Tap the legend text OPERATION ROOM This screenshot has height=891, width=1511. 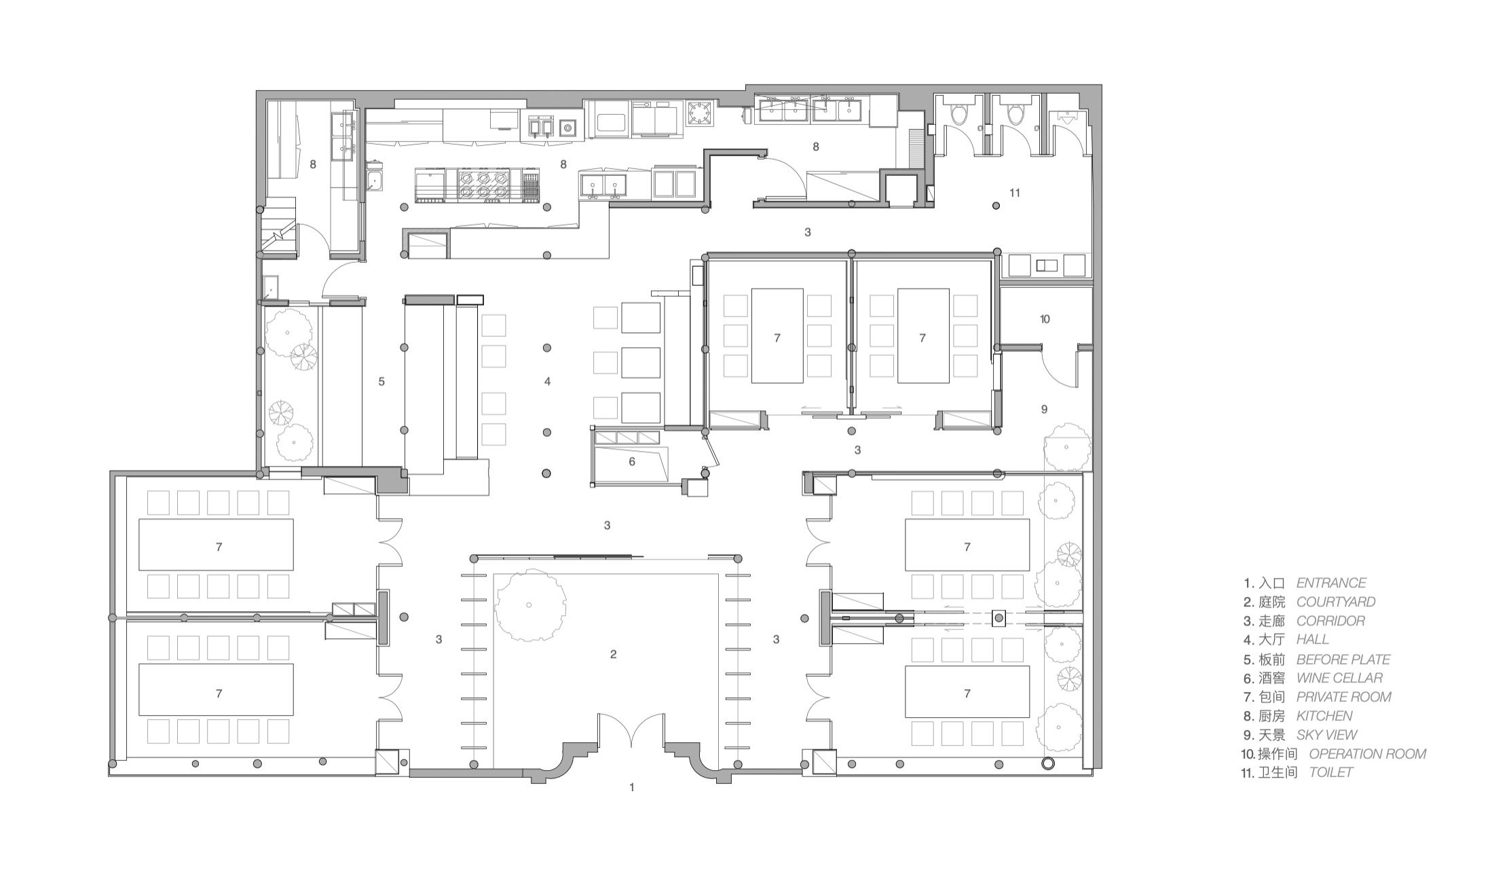(1367, 754)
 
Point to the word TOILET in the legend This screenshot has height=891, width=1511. (1331, 772)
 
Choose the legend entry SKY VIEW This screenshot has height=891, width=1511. (1326, 735)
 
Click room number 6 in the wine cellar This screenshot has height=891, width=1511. (632, 462)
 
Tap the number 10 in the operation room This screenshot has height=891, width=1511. (1045, 319)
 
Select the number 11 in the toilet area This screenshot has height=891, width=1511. (1015, 193)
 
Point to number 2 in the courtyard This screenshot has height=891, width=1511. (613, 654)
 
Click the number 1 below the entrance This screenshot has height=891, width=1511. (632, 787)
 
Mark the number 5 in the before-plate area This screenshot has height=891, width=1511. (381, 382)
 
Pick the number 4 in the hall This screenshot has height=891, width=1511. (547, 382)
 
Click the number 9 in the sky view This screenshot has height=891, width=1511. (1044, 409)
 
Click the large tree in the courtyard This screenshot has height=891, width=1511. (529, 605)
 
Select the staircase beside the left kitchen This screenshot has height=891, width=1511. (280, 227)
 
